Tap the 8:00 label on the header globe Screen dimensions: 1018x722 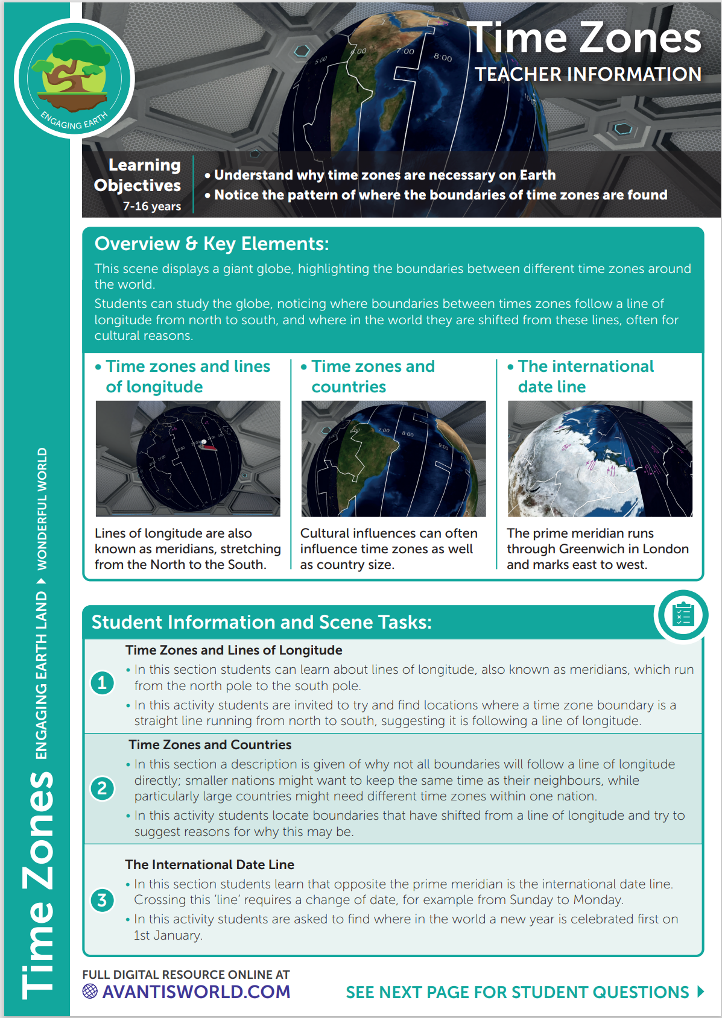(442, 57)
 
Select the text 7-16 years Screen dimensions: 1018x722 (152, 206)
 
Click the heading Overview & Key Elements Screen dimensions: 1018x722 (212, 244)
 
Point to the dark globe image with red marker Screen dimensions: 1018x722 (188, 458)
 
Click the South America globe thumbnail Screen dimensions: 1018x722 (393, 458)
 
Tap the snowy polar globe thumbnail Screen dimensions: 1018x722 (600, 458)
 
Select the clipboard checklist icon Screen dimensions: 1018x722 (683, 615)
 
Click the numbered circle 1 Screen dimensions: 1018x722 (102, 683)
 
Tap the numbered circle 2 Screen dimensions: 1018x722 (102, 788)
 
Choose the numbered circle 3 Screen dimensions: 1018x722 (102, 900)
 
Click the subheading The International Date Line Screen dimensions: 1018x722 (209, 865)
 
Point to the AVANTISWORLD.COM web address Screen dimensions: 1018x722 (196, 992)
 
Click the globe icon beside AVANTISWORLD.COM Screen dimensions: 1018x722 (90, 991)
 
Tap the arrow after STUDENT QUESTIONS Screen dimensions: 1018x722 (700, 991)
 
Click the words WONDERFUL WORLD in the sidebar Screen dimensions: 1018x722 (42, 509)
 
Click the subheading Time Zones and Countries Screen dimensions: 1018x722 (210, 745)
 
